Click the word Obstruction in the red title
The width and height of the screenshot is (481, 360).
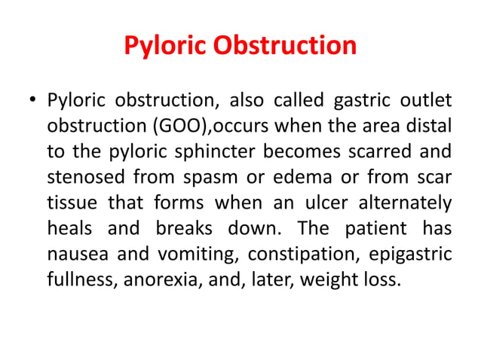(x=286, y=47)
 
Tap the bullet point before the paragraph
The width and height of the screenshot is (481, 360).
(x=31, y=100)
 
